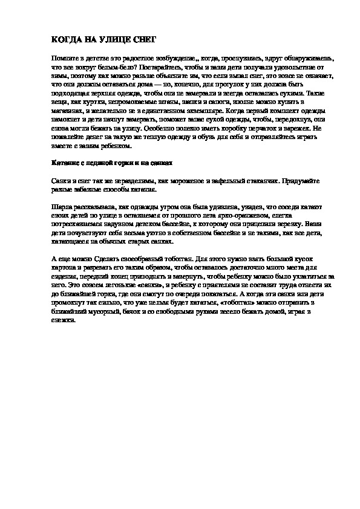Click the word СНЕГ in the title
coord(143,39)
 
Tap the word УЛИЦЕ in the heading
coord(112,39)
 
